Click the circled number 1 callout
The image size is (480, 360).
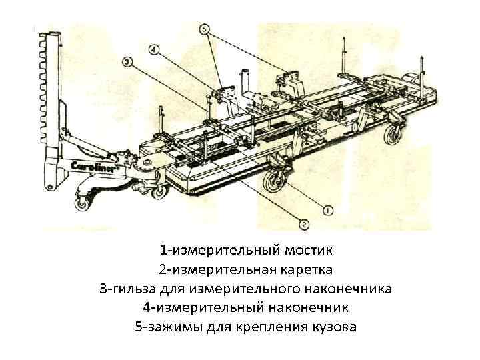[x=328, y=211]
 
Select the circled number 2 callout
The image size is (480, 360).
[x=304, y=223]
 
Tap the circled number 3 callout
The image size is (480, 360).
[x=127, y=61]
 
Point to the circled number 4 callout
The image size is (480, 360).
[x=155, y=49]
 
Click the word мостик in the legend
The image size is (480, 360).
[x=308, y=251]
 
